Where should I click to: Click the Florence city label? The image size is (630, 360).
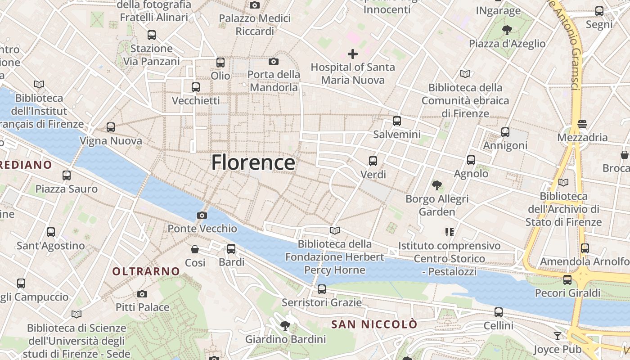click(x=253, y=162)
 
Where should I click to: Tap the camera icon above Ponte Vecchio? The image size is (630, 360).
click(x=202, y=215)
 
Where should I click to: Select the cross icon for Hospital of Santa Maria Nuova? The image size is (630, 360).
click(x=353, y=54)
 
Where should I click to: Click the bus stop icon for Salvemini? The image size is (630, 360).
click(x=396, y=121)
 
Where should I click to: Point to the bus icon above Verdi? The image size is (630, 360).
click(x=373, y=161)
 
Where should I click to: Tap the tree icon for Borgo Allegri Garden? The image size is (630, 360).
click(x=436, y=185)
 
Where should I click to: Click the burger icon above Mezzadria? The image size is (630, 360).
click(x=582, y=124)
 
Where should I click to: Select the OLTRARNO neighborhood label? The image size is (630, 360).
click(x=146, y=271)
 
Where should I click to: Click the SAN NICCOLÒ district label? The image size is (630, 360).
click(x=374, y=324)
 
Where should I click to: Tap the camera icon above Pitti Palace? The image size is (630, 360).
click(x=142, y=294)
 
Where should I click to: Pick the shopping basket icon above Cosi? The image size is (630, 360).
click(x=195, y=249)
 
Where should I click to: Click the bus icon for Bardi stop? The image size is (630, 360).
click(x=231, y=248)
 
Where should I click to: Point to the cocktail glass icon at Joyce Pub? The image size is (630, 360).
click(x=558, y=336)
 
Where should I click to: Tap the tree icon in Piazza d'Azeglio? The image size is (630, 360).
click(x=507, y=30)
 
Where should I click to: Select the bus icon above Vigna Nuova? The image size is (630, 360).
click(x=111, y=127)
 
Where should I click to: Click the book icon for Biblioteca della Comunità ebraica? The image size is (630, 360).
click(x=465, y=74)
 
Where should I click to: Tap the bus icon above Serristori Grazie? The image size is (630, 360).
click(x=321, y=289)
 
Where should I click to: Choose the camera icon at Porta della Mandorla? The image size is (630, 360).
click(x=273, y=61)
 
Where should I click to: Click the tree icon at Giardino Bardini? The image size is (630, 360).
click(x=285, y=325)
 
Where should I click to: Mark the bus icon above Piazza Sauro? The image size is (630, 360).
click(x=67, y=175)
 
